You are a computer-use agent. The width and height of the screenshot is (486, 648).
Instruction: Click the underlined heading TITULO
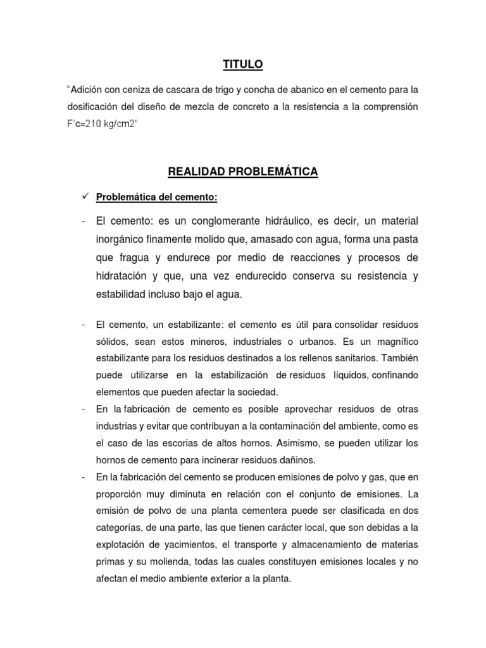[242, 64]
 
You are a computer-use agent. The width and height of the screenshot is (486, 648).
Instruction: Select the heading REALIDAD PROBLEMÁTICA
[242, 171]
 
